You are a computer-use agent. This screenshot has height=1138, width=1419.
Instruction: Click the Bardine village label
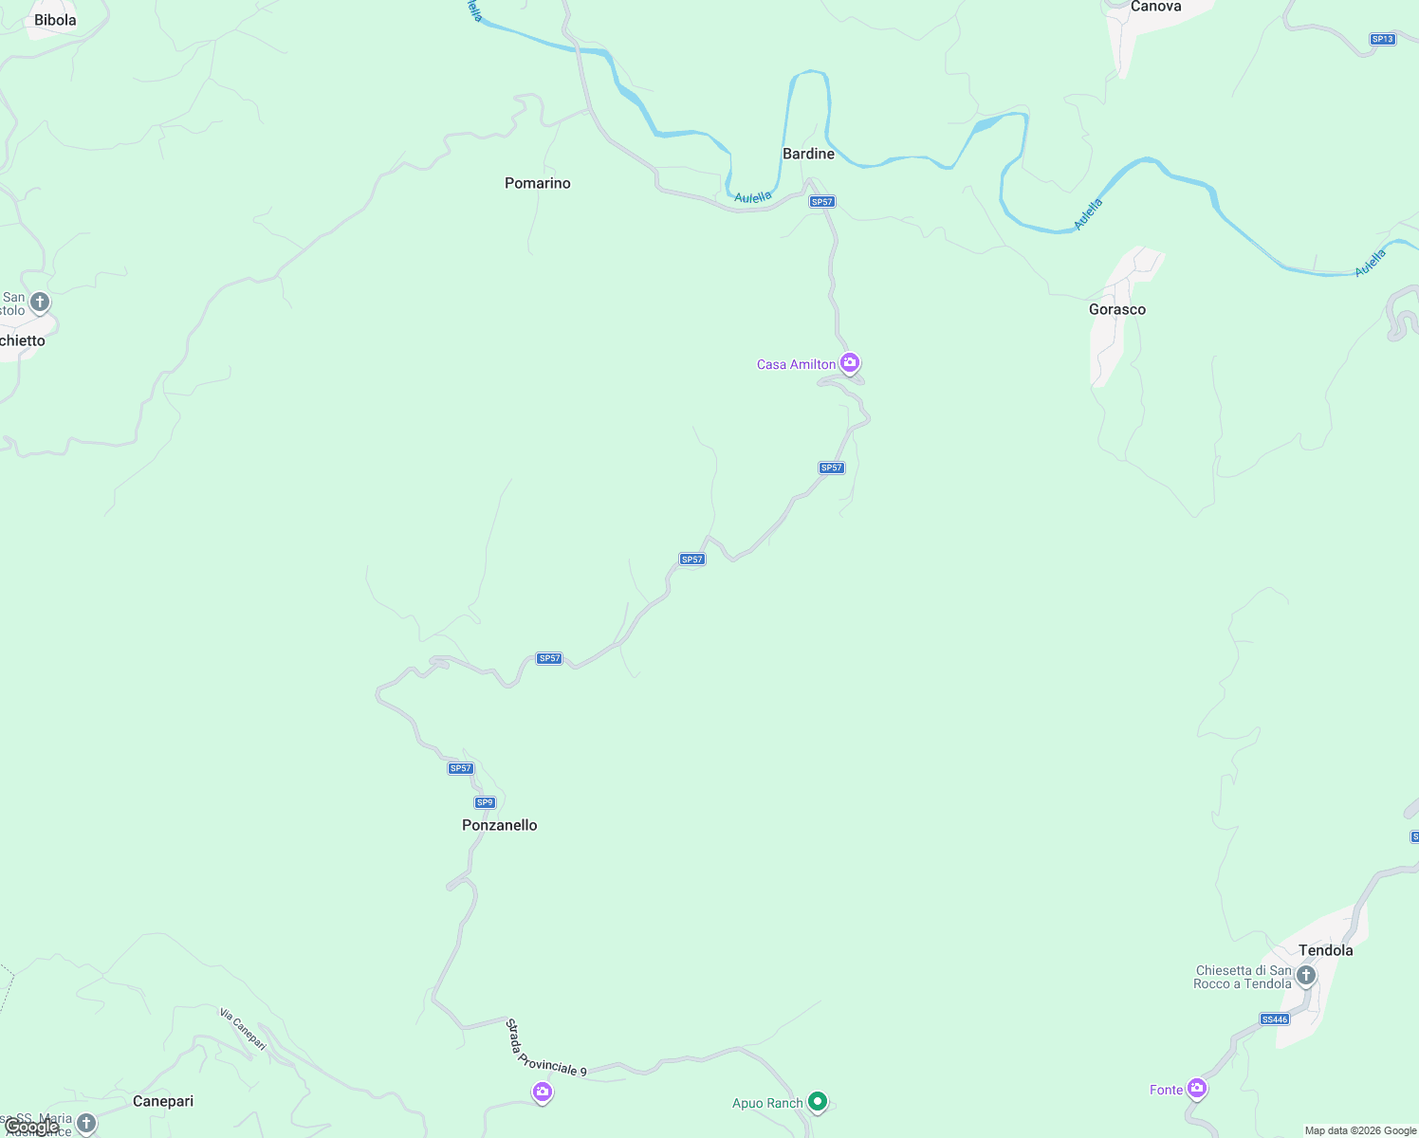(x=808, y=154)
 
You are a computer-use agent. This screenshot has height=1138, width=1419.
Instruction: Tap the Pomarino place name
(x=537, y=183)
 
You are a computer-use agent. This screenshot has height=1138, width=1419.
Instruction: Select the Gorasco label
(x=1116, y=309)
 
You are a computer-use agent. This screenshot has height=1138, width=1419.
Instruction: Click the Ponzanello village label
(x=499, y=825)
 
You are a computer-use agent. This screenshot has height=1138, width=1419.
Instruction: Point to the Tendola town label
(x=1325, y=950)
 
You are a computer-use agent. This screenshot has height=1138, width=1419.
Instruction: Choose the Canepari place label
(x=163, y=1101)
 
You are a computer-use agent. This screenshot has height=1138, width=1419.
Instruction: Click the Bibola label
(x=55, y=20)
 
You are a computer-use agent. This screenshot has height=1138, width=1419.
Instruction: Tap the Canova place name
(x=1155, y=7)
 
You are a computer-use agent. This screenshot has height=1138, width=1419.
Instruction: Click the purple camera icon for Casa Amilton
(x=850, y=363)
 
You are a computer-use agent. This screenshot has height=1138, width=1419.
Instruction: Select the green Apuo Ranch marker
(x=818, y=1102)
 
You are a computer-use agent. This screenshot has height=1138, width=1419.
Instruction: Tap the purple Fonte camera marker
(x=1197, y=1089)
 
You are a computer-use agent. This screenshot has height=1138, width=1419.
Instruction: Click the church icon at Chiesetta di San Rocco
(x=1306, y=976)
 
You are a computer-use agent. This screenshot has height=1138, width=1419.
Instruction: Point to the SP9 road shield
(x=485, y=802)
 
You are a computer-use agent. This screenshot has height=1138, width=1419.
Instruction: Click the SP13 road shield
(x=1382, y=39)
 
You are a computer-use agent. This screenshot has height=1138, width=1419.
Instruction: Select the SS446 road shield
(x=1275, y=1019)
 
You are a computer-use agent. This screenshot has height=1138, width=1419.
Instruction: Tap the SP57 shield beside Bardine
(x=821, y=202)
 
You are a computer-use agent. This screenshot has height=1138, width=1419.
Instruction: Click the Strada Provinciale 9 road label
(x=545, y=1048)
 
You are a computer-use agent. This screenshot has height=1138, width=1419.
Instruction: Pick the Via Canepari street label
(x=243, y=1029)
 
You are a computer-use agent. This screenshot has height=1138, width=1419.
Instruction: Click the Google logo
(x=31, y=1127)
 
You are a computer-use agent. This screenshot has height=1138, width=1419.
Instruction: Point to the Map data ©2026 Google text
(x=1359, y=1130)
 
